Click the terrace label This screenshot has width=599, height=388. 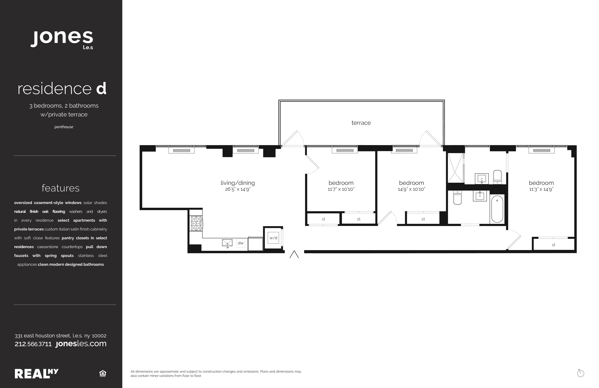(x=361, y=123)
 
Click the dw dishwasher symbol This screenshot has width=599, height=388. (x=241, y=243)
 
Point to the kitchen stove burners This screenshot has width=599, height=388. (x=196, y=223)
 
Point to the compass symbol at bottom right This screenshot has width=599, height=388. (x=580, y=373)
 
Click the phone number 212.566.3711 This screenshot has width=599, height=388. (x=33, y=344)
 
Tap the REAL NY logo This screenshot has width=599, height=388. (x=37, y=374)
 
